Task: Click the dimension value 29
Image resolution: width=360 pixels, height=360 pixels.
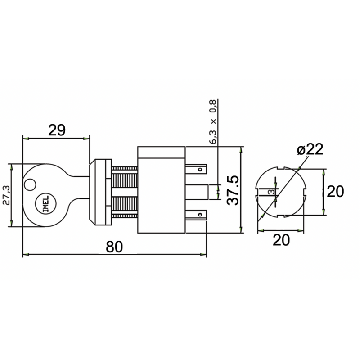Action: [56, 130]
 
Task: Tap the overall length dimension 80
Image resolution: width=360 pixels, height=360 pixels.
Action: [115, 247]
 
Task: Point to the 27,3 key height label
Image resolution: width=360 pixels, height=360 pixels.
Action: [6, 195]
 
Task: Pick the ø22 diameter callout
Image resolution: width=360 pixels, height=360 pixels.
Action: [310, 150]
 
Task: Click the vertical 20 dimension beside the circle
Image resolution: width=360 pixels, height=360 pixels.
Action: [335, 192]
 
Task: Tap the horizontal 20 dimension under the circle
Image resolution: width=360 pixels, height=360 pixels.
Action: [281, 241]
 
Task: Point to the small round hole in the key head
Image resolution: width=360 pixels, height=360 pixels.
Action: [31, 184]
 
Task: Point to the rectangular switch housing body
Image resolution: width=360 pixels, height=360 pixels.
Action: [161, 191]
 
